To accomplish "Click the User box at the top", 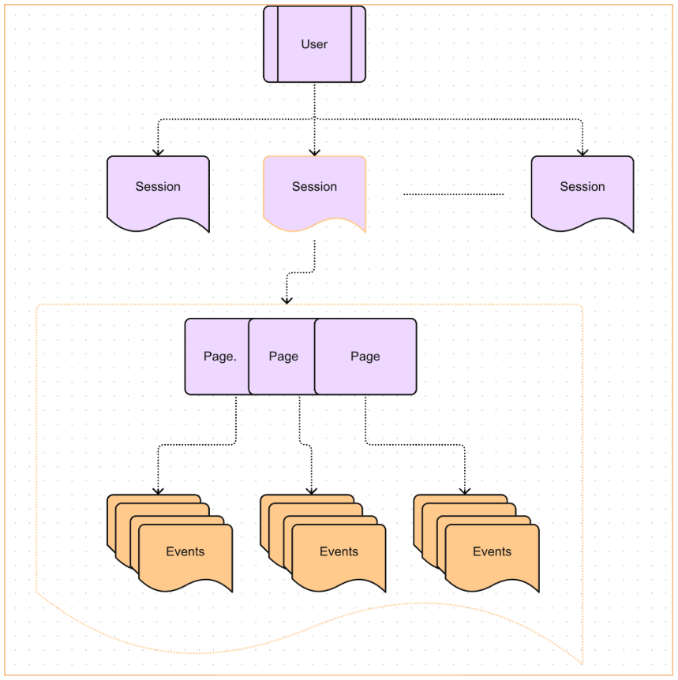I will (x=314, y=44).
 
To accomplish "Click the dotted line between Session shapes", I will (x=453, y=193).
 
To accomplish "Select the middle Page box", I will (x=283, y=357).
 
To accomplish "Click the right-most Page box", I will (x=365, y=357).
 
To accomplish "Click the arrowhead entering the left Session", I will (x=158, y=151).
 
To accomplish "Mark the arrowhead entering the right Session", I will (x=582, y=151).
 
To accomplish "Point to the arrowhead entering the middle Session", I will (x=314, y=151).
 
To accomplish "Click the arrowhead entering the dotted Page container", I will (x=287, y=299).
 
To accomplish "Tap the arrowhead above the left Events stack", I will (x=158, y=491).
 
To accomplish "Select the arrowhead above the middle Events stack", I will (x=311, y=491).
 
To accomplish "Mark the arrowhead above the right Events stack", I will (x=464, y=491).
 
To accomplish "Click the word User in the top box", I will (x=314, y=44).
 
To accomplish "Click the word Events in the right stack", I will (x=492, y=551).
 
